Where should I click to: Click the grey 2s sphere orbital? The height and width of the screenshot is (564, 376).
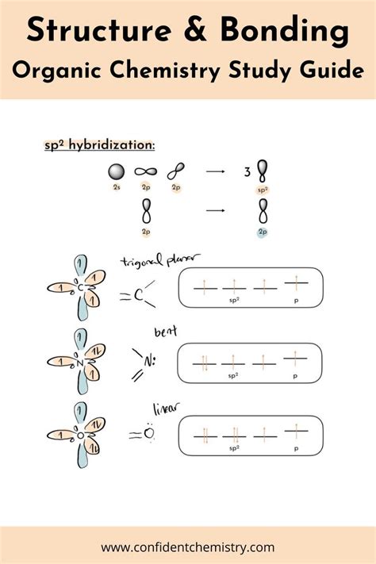pyautogui.click(x=116, y=171)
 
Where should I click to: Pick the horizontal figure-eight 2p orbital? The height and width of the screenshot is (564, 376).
pyautogui.click(x=144, y=171)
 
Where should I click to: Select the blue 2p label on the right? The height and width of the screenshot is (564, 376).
pyautogui.click(x=263, y=232)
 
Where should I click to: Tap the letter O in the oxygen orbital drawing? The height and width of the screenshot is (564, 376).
pyautogui.click(x=81, y=435)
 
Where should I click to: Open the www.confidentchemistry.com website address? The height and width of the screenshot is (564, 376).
pyautogui.click(x=188, y=547)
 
